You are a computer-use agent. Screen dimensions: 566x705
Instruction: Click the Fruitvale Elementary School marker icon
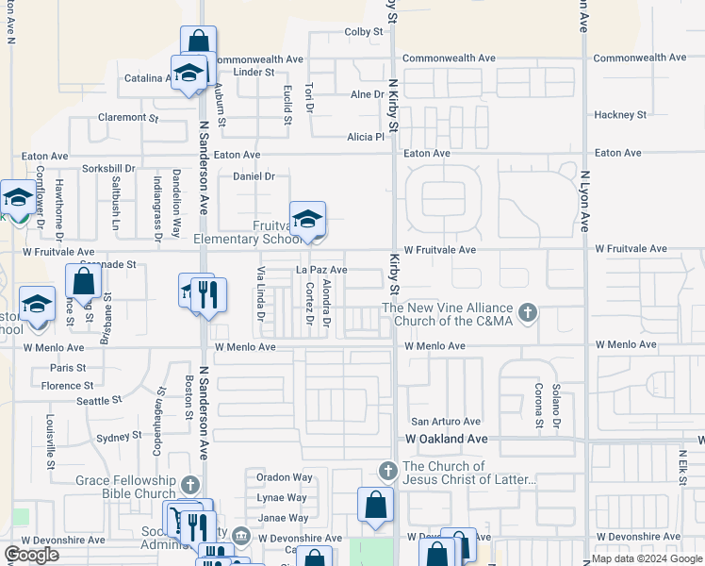[307, 220]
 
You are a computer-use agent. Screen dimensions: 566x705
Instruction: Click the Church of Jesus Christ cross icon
[386, 469]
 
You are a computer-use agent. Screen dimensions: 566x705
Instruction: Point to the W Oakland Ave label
[447, 440]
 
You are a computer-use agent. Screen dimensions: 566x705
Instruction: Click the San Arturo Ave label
[445, 422]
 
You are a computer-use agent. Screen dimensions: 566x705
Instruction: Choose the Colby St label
[364, 32]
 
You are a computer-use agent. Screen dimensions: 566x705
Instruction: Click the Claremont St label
[128, 118]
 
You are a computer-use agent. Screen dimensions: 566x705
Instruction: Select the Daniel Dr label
[254, 176]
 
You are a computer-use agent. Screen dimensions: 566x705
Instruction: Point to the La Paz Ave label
[321, 270]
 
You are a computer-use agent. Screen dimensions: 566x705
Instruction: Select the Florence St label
[67, 386]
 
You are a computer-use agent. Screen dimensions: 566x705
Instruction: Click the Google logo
[32, 555]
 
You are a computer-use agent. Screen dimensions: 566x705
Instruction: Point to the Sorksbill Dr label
[108, 169]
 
